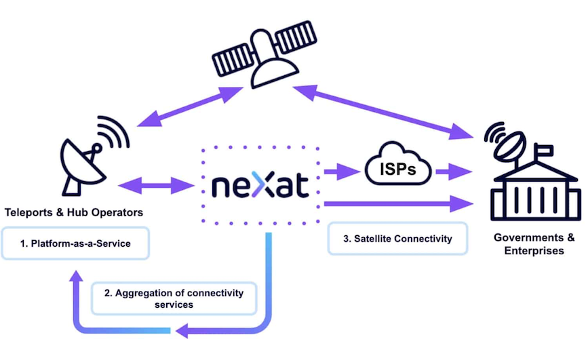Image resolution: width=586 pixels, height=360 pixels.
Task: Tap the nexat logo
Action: pos(260,185)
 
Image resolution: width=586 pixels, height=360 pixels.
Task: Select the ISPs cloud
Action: pos(398,164)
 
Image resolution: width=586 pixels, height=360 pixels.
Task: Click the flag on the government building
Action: pos(543,150)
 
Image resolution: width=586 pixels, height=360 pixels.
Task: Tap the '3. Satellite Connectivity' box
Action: pos(398,238)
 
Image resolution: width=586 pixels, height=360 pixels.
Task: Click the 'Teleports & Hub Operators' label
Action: pos(74,213)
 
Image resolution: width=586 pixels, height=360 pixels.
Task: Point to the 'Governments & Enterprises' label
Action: pos(534,244)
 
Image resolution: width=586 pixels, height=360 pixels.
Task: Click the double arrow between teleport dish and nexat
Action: pos(152,184)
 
